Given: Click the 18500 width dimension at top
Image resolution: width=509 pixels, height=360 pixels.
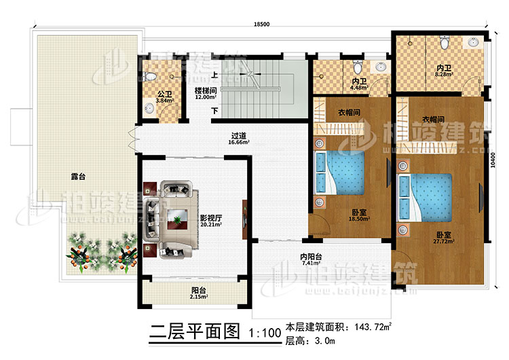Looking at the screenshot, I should [261, 24].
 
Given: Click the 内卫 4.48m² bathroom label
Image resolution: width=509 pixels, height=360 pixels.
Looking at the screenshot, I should [359, 84].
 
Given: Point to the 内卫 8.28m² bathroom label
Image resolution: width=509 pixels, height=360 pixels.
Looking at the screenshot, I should [444, 71].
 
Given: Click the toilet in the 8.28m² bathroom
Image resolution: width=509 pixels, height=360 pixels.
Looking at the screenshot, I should [444, 42].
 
